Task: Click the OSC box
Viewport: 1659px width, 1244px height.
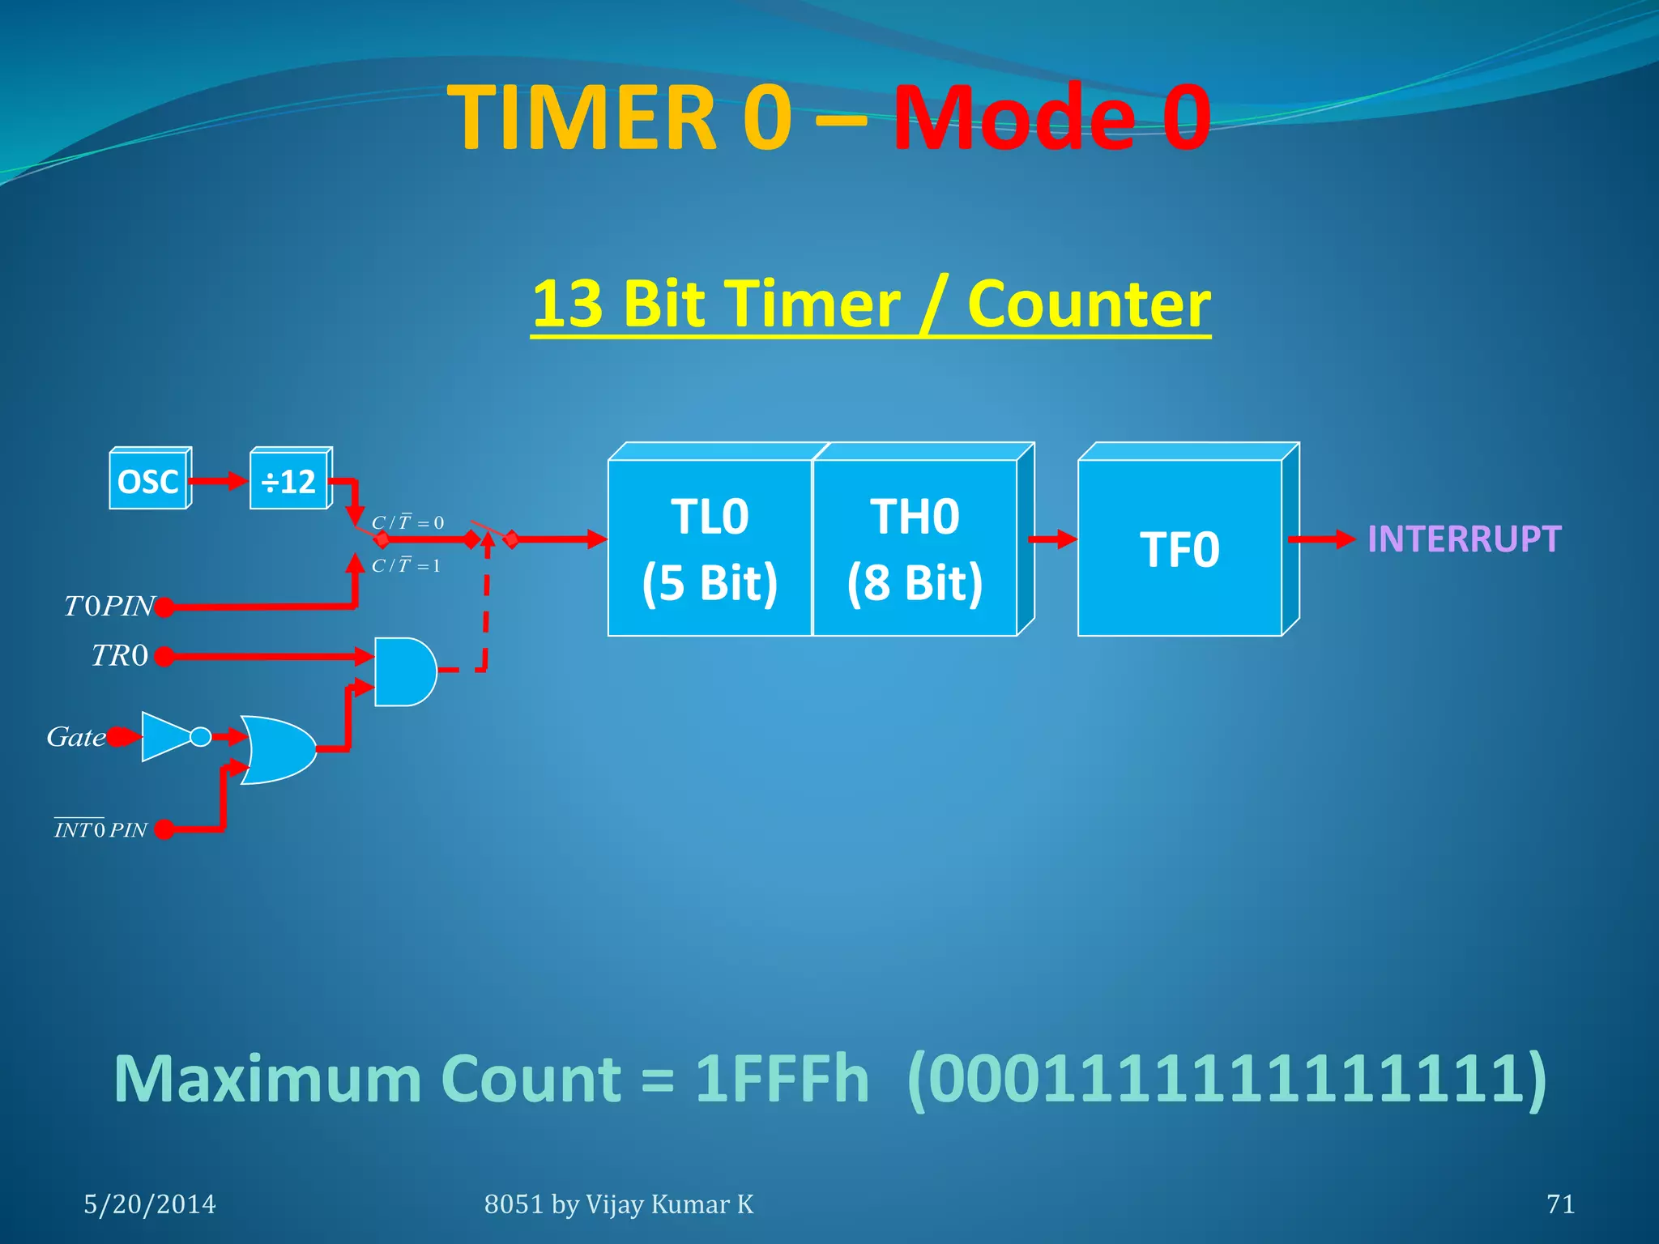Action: tap(148, 481)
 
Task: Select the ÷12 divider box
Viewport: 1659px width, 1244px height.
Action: tap(289, 481)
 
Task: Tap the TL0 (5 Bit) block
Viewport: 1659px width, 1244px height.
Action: tap(710, 548)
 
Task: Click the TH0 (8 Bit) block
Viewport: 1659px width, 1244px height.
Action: tap(915, 548)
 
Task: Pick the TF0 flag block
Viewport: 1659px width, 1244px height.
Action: tap(1179, 548)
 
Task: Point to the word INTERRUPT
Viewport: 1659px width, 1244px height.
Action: tap(1464, 539)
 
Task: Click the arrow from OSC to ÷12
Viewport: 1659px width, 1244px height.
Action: tap(219, 481)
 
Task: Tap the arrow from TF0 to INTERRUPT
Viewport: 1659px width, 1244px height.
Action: tap(1321, 539)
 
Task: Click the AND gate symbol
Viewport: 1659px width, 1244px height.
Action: tap(403, 671)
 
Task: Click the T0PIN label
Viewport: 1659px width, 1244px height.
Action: tap(109, 606)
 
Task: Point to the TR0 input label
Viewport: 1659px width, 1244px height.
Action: tap(120, 655)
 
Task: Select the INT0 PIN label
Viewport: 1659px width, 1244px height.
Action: tap(100, 829)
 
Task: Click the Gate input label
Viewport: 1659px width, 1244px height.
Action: tap(75, 737)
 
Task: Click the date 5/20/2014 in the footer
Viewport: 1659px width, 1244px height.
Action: tap(150, 1204)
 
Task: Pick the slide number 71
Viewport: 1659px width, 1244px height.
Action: tap(1560, 1204)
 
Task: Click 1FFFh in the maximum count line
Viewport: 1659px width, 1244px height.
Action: tap(782, 1079)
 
